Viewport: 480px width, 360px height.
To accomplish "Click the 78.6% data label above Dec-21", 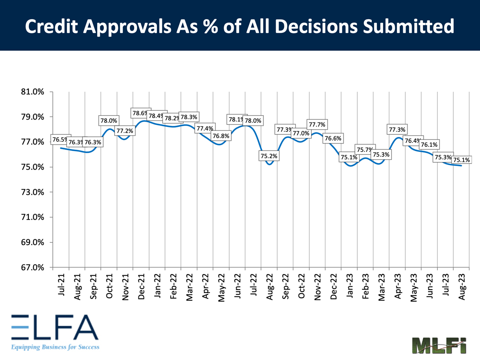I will (x=141, y=113).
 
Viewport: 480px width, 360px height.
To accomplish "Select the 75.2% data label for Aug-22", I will (x=269, y=156).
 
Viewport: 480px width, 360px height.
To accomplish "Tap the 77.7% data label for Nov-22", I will (x=317, y=125).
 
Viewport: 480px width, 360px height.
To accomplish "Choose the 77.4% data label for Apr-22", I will (x=205, y=128).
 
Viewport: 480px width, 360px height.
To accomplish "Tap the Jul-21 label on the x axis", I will (x=61, y=286).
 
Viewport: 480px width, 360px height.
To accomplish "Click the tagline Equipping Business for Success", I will (x=55, y=347).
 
